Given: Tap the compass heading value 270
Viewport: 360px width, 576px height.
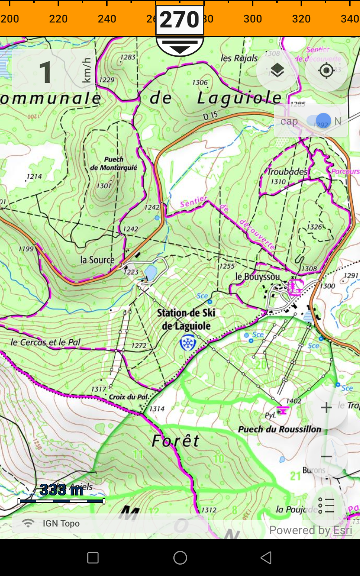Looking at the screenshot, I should (x=180, y=19).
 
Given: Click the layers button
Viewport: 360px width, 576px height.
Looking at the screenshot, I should (x=277, y=71).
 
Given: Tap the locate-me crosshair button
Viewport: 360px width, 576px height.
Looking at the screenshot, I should (x=326, y=71).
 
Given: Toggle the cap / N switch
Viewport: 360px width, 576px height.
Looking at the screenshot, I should (x=319, y=121).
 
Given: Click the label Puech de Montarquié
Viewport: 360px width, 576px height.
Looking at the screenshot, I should (x=113, y=164).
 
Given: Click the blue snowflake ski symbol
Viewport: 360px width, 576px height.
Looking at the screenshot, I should (x=187, y=343).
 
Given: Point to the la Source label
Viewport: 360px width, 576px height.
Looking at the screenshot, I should (x=97, y=260).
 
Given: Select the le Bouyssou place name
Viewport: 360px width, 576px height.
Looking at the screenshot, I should (x=257, y=276).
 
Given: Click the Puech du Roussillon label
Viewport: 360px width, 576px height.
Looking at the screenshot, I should (x=279, y=429).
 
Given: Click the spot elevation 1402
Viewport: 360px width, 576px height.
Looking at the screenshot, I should (x=293, y=400).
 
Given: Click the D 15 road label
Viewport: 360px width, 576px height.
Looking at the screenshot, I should (x=210, y=116).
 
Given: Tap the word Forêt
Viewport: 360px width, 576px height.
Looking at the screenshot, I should (x=175, y=441).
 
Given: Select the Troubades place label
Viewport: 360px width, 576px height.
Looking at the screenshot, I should (x=287, y=171).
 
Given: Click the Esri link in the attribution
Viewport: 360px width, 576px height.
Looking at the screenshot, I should (x=342, y=530).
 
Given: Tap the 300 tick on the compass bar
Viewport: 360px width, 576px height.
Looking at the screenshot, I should (x=252, y=18).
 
